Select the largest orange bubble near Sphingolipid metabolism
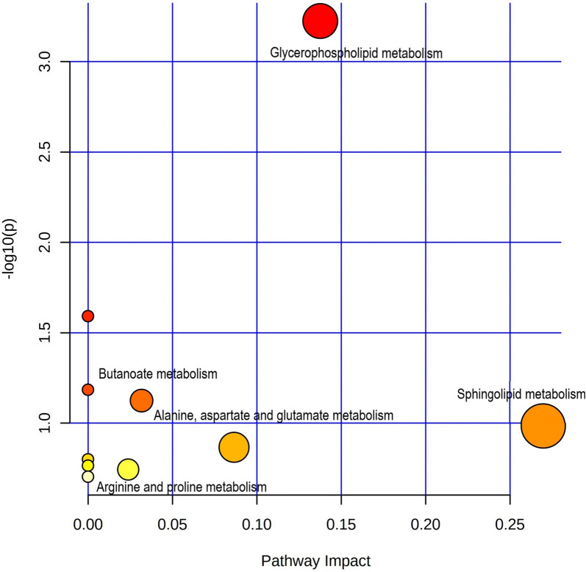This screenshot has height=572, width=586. (543, 426)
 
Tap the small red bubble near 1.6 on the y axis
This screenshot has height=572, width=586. (87, 316)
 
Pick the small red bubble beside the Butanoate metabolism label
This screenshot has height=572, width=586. (87, 389)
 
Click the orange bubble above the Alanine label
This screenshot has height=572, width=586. (141, 400)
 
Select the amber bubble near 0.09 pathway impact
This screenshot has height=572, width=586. (234, 447)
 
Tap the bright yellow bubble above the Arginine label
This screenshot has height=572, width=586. (128, 469)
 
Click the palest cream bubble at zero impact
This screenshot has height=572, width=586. (87, 476)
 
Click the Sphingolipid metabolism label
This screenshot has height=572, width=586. (521, 394)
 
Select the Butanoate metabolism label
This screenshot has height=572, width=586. (157, 374)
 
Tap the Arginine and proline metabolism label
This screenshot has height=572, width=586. (182, 487)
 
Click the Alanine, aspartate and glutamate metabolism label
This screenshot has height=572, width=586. (274, 416)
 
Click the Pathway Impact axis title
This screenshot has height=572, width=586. (315, 560)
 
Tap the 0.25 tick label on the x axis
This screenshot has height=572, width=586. (510, 526)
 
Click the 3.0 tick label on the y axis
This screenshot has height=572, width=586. (46, 61)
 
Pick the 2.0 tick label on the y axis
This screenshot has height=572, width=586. (46, 243)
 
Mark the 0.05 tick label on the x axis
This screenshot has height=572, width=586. (172, 526)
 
